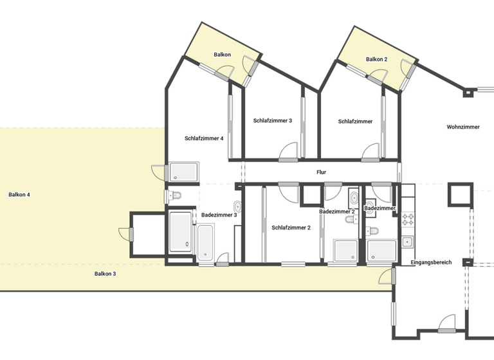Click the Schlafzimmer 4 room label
tap(204, 138)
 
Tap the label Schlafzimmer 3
tap(273, 120)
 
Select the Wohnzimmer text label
tap(463, 127)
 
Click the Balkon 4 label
tap(19, 194)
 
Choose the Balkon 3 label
tap(105, 274)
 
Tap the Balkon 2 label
tap(377, 59)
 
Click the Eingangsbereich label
tap(431, 262)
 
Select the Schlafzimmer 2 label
tap(291, 228)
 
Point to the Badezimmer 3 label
tap(219, 215)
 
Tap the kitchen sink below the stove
tap(407, 242)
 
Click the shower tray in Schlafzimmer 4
tap(184, 172)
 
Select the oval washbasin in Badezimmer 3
tap(237, 206)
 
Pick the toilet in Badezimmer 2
tap(351, 220)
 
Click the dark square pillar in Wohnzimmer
tap(460, 194)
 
